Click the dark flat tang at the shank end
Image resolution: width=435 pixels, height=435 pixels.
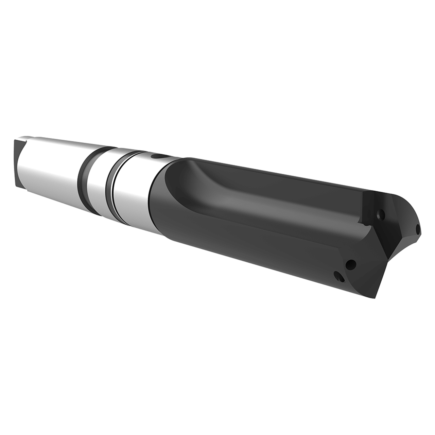[x=18, y=162]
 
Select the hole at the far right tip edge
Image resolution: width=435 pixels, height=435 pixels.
[x=418, y=229]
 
